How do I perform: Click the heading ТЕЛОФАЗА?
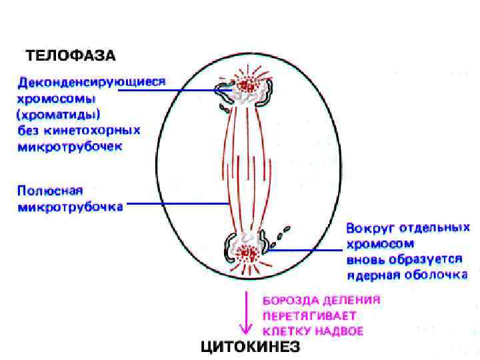click(x=70, y=54)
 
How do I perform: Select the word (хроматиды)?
click(x=59, y=114)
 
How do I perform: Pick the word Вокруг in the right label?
click(x=369, y=228)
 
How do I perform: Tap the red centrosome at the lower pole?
click(x=248, y=253)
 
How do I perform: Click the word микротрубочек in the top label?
click(x=70, y=145)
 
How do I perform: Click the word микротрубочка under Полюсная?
click(x=70, y=207)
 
